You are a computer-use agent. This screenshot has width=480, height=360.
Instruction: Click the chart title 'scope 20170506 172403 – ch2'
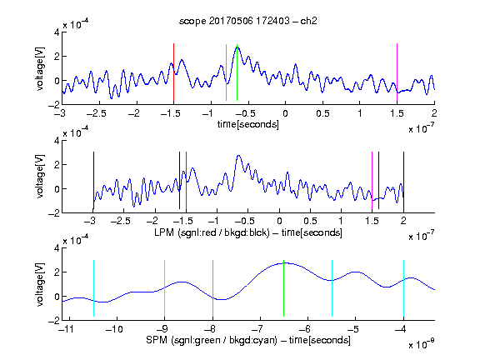248,21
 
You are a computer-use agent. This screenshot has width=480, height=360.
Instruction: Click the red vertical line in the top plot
173,72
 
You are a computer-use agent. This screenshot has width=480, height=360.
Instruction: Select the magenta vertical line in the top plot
397,72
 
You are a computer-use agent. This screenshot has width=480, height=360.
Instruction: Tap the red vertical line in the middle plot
186,181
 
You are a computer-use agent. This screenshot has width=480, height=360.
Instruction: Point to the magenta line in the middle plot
372,181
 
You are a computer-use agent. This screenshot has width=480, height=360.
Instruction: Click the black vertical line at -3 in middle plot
93,181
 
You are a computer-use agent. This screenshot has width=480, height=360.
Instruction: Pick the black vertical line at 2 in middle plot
403,181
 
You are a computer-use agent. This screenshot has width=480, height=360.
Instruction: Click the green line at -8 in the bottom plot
212,288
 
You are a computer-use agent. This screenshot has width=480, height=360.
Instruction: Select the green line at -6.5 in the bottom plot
284,288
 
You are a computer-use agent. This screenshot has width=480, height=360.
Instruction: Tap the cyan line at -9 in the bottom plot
165,288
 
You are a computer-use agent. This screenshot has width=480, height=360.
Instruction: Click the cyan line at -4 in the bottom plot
403,288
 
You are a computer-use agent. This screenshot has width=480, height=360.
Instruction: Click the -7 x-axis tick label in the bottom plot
257,329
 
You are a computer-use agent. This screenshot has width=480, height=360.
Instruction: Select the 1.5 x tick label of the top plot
397,113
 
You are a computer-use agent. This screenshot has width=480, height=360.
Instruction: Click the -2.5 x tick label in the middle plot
120,221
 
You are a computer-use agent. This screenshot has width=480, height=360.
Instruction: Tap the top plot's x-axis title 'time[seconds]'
248,125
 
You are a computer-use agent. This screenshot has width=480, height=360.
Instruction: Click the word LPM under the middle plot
164,232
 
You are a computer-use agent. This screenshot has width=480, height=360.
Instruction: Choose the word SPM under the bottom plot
157,340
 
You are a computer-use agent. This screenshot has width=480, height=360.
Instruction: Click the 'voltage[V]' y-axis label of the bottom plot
40,284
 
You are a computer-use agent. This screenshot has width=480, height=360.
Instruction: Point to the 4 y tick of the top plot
57,32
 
